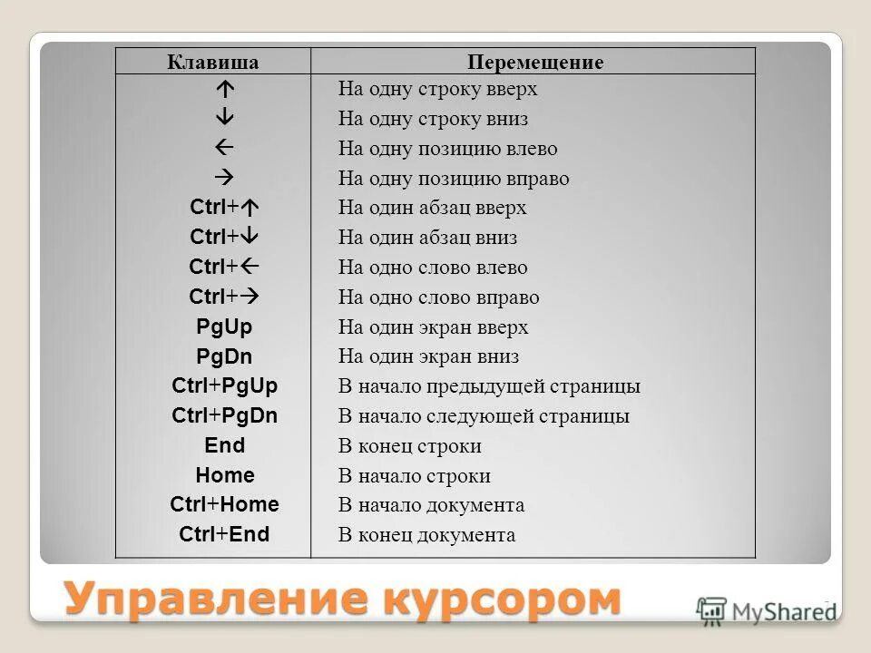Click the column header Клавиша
tap(213, 63)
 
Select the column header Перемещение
tap(535, 63)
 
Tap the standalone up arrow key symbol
tap(224, 90)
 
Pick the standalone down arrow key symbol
tap(224, 119)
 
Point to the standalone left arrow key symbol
tap(224, 148)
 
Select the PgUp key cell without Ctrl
tap(224, 327)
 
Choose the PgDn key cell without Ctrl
tap(224, 356)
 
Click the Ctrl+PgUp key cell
tap(224, 386)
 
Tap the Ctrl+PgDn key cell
tap(224, 416)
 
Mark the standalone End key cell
tap(224, 445)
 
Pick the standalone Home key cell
tap(224, 475)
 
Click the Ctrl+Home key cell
tap(224, 505)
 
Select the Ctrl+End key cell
tap(224, 534)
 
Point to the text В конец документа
tap(426, 535)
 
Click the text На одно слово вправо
tap(438, 297)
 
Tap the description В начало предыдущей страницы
tap(489, 386)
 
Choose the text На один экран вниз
tap(428, 356)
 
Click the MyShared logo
tap(767, 609)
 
